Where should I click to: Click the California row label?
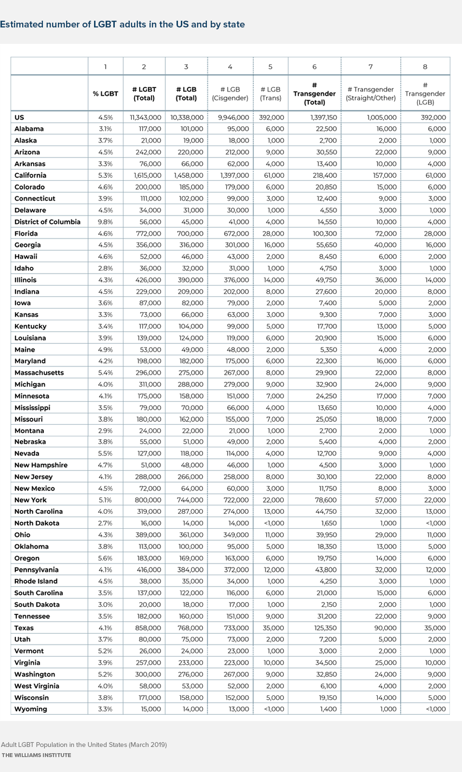pyautogui.click(x=30, y=175)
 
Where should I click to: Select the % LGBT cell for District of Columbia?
pyautogui.click(x=105, y=222)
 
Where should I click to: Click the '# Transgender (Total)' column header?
pyautogui.click(x=314, y=93)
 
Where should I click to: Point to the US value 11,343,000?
pyautogui.click(x=145, y=118)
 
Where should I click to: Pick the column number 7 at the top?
pyautogui.click(x=370, y=66)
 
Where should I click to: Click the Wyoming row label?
pyautogui.click(x=31, y=709)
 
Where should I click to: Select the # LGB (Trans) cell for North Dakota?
pyautogui.click(x=274, y=523)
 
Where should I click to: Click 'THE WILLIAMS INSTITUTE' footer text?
pyautogui.click(x=36, y=755)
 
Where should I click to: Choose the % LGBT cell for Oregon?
pyautogui.click(x=105, y=558)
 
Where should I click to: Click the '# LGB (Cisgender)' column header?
pyautogui.click(x=230, y=93)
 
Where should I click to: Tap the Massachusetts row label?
pyautogui.click(x=39, y=373)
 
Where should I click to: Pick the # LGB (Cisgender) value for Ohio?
pyautogui.click(x=236, y=535)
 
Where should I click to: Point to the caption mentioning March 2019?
pyautogui.click(x=84, y=745)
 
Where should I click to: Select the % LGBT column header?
pyautogui.click(x=105, y=93)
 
